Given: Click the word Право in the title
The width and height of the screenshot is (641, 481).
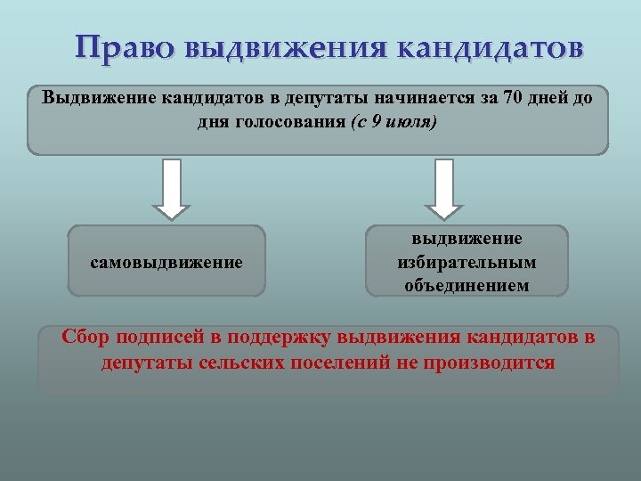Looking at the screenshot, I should click(x=126, y=46).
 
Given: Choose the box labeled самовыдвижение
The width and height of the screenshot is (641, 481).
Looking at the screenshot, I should click(x=166, y=262).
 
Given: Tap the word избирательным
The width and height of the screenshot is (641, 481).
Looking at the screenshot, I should click(x=467, y=262).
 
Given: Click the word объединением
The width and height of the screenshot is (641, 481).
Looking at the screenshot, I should click(x=467, y=285).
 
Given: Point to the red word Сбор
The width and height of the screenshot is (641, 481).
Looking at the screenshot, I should click(x=86, y=338).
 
